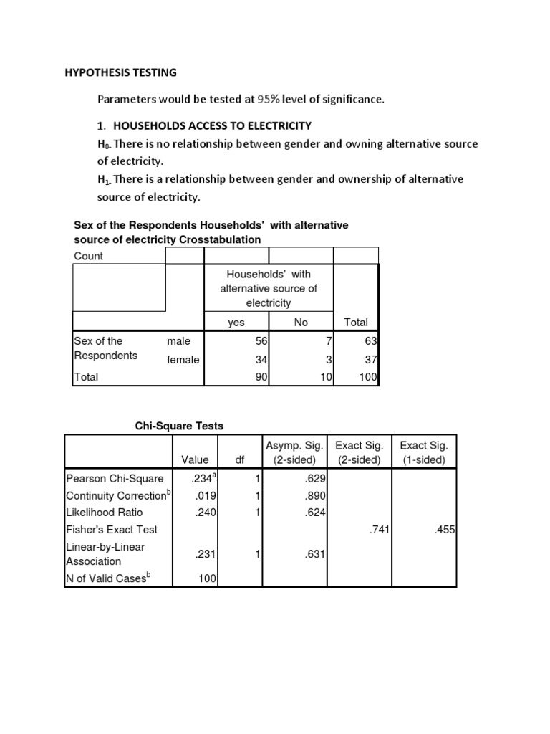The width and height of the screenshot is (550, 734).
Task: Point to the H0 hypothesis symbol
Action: [103, 145]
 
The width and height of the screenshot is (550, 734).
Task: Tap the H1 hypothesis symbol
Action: [103, 179]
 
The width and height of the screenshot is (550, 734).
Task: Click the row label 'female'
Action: [183, 360]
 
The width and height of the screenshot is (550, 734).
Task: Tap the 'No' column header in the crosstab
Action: [301, 323]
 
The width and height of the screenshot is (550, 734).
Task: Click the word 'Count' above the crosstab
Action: [89, 256]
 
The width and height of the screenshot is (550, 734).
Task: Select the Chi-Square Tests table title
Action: [180, 426]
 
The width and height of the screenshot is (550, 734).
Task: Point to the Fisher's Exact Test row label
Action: [112, 529]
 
